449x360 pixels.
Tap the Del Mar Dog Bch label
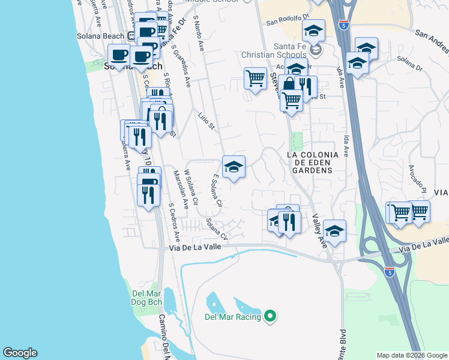(x=146, y=297)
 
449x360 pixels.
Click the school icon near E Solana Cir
(x=234, y=167)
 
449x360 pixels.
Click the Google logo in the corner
(x=20, y=353)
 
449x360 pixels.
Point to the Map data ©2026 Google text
(x=412, y=355)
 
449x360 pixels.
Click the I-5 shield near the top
(x=343, y=25)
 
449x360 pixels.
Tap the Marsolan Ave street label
(x=178, y=190)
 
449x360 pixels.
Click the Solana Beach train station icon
(x=130, y=36)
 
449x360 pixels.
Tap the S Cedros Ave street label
(x=172, y=215)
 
